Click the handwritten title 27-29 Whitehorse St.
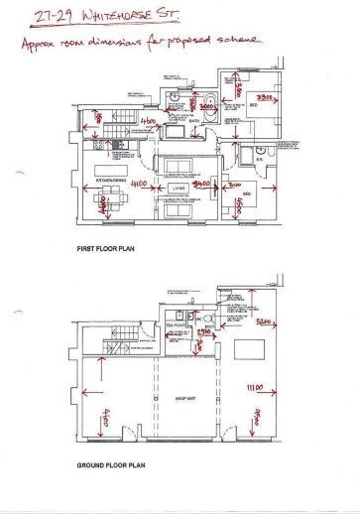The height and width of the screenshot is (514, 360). coord(93,15)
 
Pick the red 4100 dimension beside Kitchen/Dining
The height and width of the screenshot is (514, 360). coord(139,185)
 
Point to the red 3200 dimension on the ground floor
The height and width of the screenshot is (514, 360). coord(264,322)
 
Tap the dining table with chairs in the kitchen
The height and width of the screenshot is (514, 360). coord(102,203)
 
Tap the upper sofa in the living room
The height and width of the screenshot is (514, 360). coord(179,165)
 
